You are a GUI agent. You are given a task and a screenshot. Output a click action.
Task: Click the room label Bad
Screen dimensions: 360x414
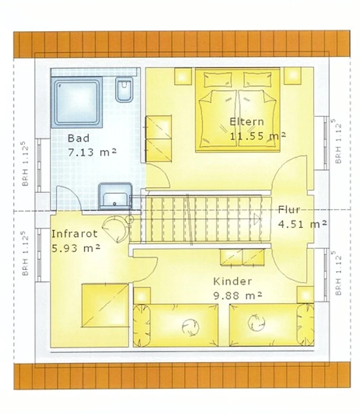click(79, 138)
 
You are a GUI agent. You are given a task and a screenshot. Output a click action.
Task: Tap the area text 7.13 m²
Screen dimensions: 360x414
click(93, 152)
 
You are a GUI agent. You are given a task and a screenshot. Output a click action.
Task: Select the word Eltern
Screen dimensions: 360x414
click(247, 122)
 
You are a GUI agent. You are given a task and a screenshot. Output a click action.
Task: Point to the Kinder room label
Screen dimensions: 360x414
click(232, 281)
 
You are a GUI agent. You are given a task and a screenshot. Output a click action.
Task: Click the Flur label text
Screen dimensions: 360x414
click(289, 210)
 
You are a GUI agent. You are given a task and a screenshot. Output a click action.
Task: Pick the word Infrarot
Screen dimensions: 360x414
click(74, 234)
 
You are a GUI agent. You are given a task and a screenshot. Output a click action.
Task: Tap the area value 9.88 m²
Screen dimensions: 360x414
click(237, 295)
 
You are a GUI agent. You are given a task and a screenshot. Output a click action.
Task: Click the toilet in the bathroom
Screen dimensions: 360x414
click(124, 90)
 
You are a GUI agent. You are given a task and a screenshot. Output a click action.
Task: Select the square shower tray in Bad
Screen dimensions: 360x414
click(77, 102)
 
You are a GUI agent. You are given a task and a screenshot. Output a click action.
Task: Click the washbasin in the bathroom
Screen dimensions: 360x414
click(115, 196)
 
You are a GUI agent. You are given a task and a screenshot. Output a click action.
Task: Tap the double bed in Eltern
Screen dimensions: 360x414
click(237, 110)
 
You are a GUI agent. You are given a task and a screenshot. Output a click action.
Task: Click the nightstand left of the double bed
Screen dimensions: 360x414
click(183, 76)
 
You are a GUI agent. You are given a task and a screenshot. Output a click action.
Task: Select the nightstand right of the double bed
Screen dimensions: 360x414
click(292, 76)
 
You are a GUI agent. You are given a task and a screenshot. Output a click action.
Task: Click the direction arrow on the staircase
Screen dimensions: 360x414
click(257, 218)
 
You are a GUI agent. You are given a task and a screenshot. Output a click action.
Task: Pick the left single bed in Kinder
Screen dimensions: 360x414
click(176, 325)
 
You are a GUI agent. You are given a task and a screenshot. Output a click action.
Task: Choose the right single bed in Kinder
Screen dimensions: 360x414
click(272, 325)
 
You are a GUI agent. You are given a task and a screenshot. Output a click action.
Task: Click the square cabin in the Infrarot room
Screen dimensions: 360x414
click(105, 305)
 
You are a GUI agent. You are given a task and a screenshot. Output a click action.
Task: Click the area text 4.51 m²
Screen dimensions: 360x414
click(303, 224)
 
